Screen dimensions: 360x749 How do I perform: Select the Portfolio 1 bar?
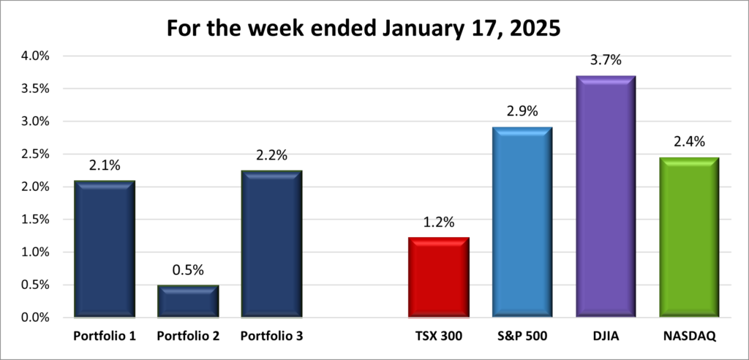[104, 249]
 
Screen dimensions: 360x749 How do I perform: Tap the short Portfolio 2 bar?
[189, 301]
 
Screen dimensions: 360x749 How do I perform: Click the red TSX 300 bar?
[439, 277]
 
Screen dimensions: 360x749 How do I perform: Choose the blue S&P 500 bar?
[522, 222]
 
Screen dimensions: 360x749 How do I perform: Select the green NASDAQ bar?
[689, 238]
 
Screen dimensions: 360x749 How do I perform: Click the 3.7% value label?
[606, 61]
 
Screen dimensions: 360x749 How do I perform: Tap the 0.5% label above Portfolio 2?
[189, 270]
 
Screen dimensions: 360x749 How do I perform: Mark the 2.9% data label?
[522, 112]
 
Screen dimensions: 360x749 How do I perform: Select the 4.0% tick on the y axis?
[35, 56]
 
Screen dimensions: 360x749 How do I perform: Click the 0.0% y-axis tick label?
[35, 318]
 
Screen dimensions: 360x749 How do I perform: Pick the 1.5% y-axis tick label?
[35, 220]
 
